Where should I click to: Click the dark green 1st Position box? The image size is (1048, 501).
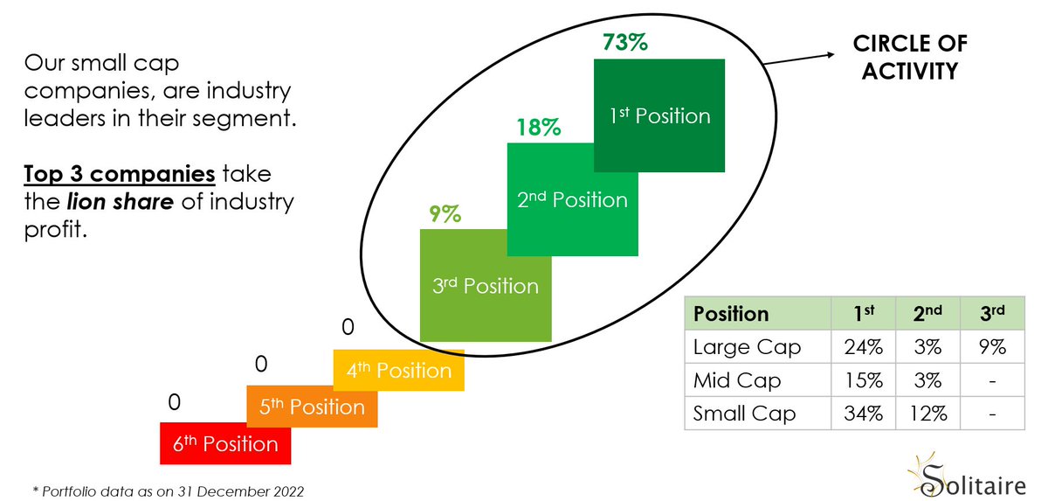(659, 115)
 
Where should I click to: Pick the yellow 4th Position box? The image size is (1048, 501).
(398, 371)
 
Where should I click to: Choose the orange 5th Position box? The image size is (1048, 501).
(312, 407)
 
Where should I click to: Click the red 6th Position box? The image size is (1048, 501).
(225, 443)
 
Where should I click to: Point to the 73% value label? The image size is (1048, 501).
(625, 42)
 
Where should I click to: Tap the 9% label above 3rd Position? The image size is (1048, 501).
(445, 213)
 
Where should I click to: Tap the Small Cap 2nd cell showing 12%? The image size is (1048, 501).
(927, 414)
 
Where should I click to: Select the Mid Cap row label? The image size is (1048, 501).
(737, 380)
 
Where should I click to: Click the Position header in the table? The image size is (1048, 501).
(731, 314)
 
